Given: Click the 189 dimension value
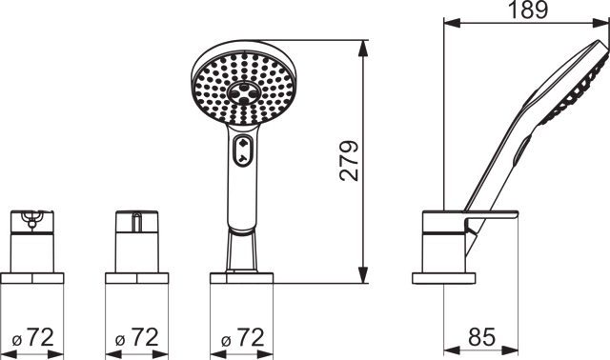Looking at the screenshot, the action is [528, 10].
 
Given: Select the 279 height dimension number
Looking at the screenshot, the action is [349, 161].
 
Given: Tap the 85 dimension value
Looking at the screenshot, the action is [481, 337].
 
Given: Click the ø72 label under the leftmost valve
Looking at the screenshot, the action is [33, 337].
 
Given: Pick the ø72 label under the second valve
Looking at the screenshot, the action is [137, 337].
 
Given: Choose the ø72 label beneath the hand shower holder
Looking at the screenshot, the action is [243, 337].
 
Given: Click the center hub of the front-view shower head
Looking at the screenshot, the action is [244, 93].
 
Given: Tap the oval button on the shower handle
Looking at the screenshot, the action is [242, 150].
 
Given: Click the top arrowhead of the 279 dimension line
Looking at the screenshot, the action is [362, 50].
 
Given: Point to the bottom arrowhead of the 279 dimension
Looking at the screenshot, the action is [362, 274].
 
